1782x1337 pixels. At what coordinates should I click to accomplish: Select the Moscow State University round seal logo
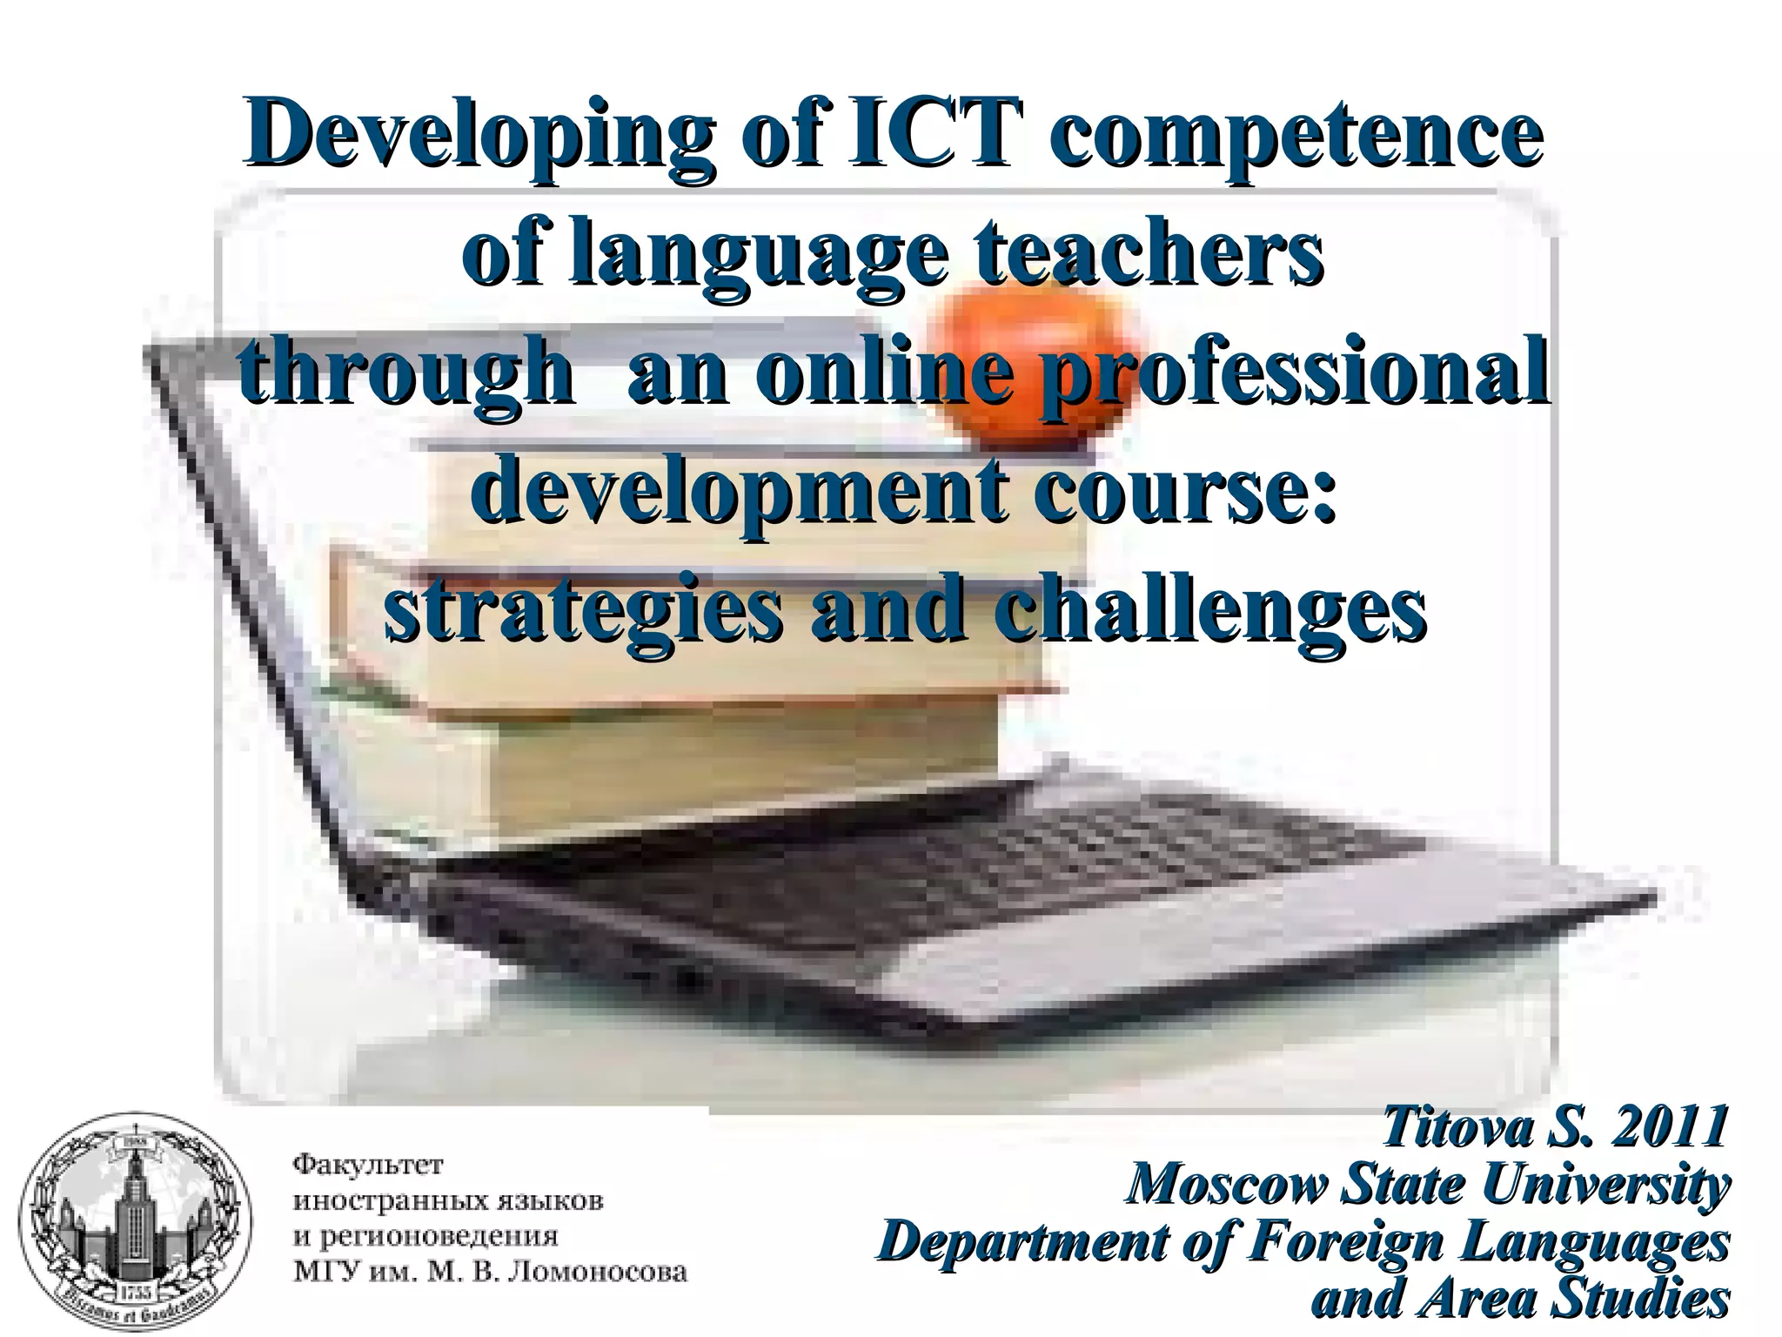coord(136,1226)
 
